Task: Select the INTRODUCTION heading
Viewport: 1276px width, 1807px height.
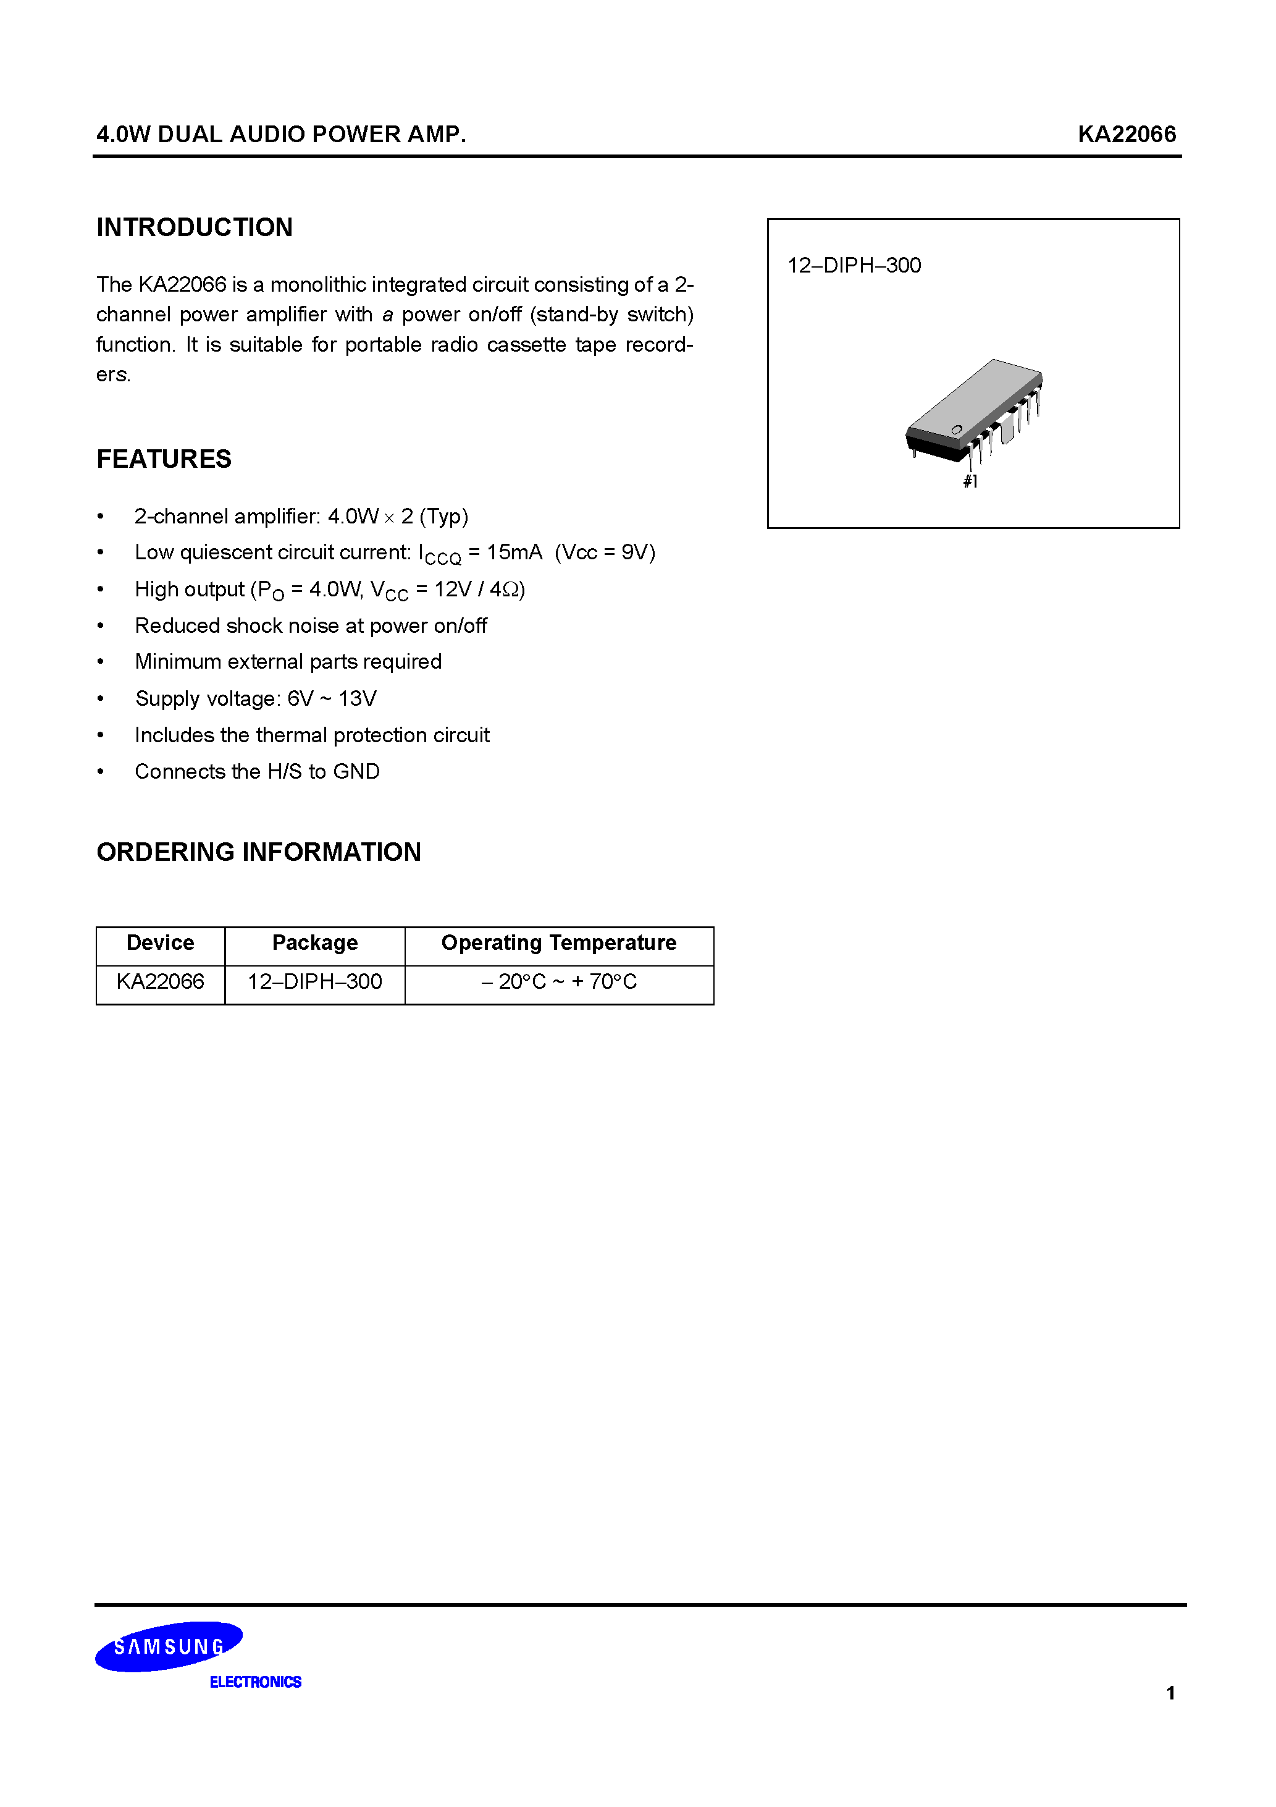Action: (x=195, y=227)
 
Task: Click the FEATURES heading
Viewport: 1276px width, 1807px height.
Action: (x=164, y=459)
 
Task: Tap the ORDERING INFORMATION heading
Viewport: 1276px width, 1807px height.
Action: (x=258, y=852)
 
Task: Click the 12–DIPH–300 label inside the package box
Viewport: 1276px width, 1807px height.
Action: (x=854, y=265)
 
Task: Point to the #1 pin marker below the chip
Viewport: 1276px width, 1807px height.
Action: (x=970, y=481)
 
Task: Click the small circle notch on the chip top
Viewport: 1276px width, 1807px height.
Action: (x=957, y=430)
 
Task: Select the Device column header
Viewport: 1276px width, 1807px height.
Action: (x=160, y=943)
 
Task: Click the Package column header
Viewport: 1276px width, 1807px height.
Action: (x=314, y=943)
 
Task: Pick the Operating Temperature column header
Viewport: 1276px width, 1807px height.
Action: (x=558, y=943)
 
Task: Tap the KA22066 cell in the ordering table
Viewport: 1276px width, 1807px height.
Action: (x=160, y=981)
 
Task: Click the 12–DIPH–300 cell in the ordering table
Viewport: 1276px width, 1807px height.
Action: (x=314, y=981)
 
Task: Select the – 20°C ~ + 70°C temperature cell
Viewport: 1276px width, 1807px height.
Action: (x=558, y=981)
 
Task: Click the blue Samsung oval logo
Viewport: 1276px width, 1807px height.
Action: (x=169, y=1646)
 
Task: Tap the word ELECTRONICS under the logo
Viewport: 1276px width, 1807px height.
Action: (x=255, y=1682)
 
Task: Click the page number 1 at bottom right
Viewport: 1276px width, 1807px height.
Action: (x=1170, y=1693)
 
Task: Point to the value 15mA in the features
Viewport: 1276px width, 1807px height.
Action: (x=514, y=552)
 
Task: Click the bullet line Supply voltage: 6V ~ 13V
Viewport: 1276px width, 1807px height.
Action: (x=256, y=699)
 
